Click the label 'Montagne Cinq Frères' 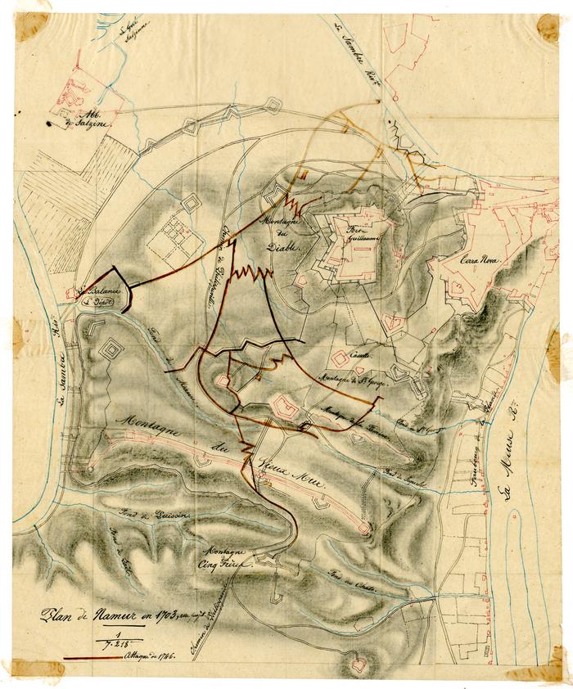(231, 556)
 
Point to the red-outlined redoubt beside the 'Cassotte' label (339, 359)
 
